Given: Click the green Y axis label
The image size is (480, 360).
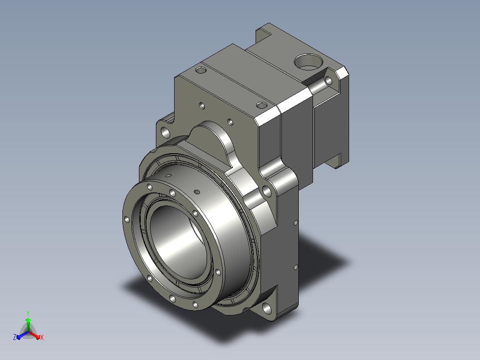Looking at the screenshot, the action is [28, 313].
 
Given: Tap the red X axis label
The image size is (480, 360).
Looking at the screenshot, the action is [42, 337].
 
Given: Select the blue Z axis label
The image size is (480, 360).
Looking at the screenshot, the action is [15, 337].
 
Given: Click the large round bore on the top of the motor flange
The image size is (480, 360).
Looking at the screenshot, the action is [308, 62].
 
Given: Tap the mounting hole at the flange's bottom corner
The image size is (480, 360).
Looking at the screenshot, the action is [267, 308].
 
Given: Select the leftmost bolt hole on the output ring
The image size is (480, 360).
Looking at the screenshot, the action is [126, 219].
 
